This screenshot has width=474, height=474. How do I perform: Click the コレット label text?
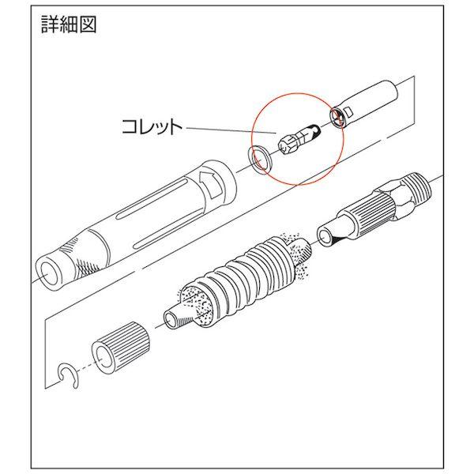(x=151, y=125)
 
